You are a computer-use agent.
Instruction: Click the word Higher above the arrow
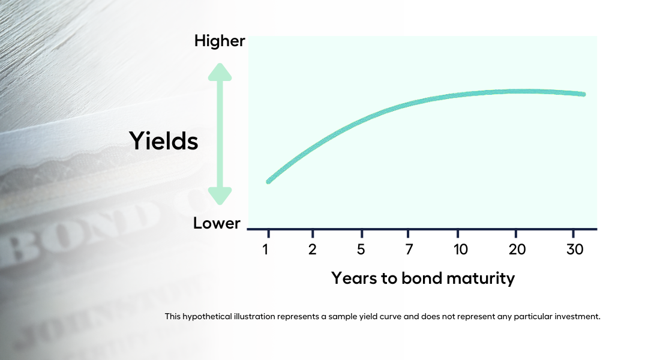click(x=220, y=41)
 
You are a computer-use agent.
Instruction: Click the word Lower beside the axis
click(x=217, y=223)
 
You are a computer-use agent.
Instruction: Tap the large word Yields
click(x=164, y=140)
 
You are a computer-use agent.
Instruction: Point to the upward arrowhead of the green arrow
click(x=220, y=72)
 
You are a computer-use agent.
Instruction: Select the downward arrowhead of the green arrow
click(x=220, y=196)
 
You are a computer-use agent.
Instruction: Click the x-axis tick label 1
click(x=265, y=249)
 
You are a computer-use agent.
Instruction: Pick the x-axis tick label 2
click(x=313, y=249)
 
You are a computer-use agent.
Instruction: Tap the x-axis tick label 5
click(x=361, y=249)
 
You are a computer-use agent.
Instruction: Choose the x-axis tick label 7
click(x=409, y=249)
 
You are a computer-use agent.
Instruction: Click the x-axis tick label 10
click(x=460, y=249)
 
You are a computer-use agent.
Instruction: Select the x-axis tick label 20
click(x=517, y=249)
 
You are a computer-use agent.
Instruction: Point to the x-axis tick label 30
click(x=575, y=249)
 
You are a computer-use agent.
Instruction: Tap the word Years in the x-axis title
click(x=354, y=278)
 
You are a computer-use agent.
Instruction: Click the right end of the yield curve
click(x=583, y=94)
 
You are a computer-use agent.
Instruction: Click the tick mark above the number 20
click(x=516, y=233)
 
